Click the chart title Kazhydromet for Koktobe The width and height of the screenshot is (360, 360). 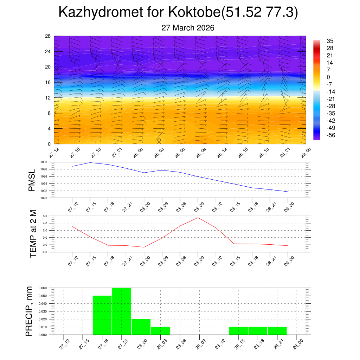(178, 12)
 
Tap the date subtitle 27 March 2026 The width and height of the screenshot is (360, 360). (188, 28)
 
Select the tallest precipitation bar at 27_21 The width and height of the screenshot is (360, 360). (122, 311)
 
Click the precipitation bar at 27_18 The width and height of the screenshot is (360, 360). (102, 315)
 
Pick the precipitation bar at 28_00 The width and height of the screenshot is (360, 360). (141, 327)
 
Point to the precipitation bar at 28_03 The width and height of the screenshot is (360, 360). (161, 331)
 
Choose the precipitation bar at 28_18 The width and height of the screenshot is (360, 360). (258, 331)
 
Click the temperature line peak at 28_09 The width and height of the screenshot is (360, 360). (198, 218)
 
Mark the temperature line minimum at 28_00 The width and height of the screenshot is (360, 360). (144, 247)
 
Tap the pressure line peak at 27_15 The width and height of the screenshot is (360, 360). (90, 162)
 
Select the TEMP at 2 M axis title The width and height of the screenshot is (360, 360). (33, 233)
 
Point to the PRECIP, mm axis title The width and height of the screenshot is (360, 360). (29, 311)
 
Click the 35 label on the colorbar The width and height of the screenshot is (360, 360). (330, 40)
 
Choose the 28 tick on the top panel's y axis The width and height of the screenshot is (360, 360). (48, 36)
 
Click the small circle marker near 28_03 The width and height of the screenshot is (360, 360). (159, 140)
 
